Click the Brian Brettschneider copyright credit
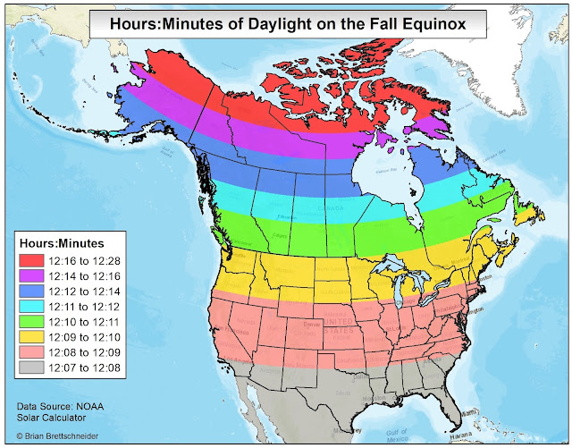click(x=63, y=438)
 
